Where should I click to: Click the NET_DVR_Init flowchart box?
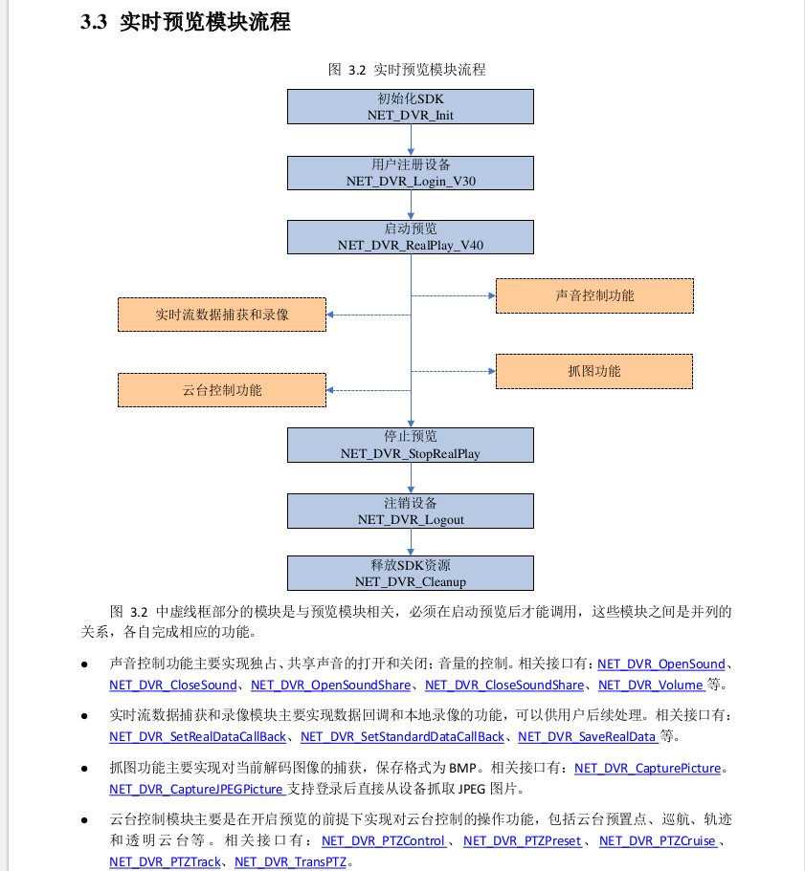tap(411, 106)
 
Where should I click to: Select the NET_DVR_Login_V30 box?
tap(411, 172)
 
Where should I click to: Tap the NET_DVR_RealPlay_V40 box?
tap(411, 237)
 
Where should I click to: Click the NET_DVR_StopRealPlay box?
tap(411, 445)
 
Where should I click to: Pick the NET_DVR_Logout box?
tap(411, 511)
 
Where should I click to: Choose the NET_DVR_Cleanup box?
tap(411, 573)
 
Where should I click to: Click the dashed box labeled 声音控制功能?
tap(593, 296)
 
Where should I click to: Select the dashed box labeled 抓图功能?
tap(593, 371)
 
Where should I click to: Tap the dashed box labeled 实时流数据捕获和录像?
tap(221, 315)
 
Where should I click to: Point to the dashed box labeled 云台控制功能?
tap(221, 390)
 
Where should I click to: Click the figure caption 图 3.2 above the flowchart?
tap(407, 70)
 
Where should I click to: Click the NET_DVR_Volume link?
tap(651, 685)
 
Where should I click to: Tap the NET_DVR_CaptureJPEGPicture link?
tap(196, 789)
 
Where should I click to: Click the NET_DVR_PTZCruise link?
tap(658, 840)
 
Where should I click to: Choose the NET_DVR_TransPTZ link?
tap(290, 861)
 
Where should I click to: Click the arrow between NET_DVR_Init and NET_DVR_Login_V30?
tap(411, 140)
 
